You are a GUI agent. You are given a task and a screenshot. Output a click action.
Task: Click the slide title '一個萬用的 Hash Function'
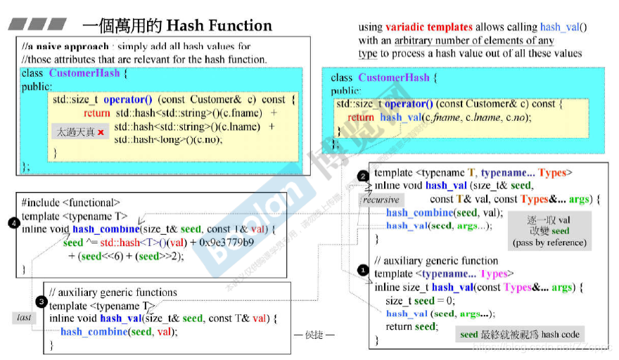point(177,26)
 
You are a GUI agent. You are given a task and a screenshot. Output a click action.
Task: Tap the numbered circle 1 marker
point(363,269)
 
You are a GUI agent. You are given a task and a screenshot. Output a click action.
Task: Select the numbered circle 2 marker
point(363,175)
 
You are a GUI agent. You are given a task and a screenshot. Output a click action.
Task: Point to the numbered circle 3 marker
point(41,302)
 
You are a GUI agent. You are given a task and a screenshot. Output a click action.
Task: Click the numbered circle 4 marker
point(13,223)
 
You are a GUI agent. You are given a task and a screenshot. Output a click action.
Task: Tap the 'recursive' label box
point(381,200)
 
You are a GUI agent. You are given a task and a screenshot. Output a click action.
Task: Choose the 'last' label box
point(24,317)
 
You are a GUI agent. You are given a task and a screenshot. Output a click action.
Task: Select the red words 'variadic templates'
point(429,27)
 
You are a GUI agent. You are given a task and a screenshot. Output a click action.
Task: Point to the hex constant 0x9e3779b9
point(227,243)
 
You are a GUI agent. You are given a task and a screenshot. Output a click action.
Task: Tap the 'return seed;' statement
point(411,326)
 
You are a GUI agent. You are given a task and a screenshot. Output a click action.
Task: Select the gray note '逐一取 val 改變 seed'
point(549,225)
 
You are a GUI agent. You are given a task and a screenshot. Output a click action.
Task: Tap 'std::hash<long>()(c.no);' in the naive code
point(168,139)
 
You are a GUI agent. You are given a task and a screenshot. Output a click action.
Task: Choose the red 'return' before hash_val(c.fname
point(361,117)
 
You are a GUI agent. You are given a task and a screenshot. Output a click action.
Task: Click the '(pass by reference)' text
point(549,243)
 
